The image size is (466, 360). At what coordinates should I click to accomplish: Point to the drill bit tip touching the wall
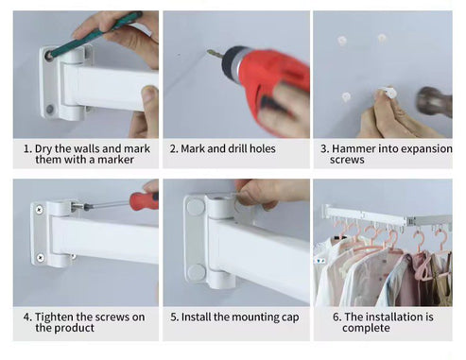pyautogui.click(x=211, y=54)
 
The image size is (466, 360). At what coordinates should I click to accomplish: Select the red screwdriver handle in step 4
pyautogui.click(x=143, y=200)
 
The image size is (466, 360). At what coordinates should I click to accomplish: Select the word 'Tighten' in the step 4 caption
pyautogui.click(x=56, y=317)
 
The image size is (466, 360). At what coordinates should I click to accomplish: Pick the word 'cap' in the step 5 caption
pyautogui.click(x=287, y=317)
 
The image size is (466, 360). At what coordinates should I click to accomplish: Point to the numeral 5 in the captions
pyautogui.click(x=174, y=317)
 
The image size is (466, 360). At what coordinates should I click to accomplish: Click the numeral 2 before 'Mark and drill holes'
pyautogui.click(x=173, y=148)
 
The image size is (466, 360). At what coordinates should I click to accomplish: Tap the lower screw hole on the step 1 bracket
pyautogui.click(x=49, y=109)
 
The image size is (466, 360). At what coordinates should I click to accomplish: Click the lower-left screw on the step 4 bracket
pyautogui.click(x=40, y=257)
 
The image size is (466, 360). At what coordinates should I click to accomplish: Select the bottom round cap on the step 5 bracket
pyautogui.click(x=197, y=273)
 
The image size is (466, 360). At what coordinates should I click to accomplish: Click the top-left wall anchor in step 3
pyautogui.click(x=342, y=41)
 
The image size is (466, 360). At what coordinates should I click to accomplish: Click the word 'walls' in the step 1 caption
pyautogui.click(x=78, y=148)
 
